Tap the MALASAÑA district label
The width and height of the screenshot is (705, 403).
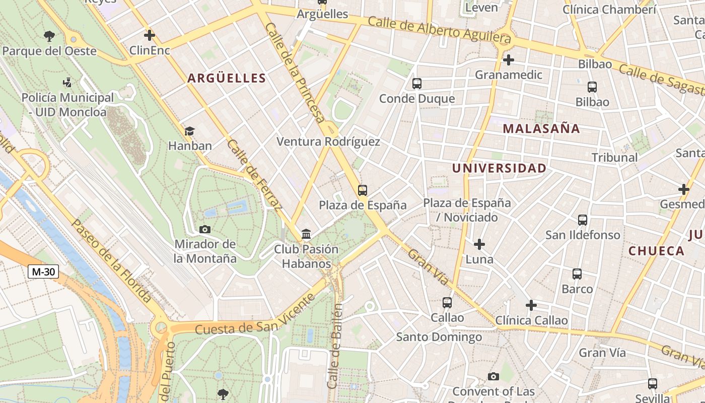(541, 128)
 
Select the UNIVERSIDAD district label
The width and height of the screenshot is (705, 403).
(499, 168)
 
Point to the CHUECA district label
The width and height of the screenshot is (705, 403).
(656, 251)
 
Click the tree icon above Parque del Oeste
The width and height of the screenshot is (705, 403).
(49, 36)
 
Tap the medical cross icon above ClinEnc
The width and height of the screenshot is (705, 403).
(149, 35)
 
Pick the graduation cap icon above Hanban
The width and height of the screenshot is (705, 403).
(189, 131)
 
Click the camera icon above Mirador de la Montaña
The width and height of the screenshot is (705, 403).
(204, 230)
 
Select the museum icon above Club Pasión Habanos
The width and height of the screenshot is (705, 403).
(306, 234)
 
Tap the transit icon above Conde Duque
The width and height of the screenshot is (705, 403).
(416, 84)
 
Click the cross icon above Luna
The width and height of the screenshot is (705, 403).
(479, 245)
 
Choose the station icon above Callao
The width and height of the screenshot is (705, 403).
(447, 303)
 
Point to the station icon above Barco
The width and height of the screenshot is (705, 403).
(577, 274)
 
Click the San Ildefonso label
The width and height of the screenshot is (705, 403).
(583, 235)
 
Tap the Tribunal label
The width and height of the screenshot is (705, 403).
(614, 157)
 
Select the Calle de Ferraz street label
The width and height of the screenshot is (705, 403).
(254, 174)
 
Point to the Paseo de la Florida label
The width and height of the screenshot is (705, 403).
(111, 260)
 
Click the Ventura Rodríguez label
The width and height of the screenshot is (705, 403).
(328, 142)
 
